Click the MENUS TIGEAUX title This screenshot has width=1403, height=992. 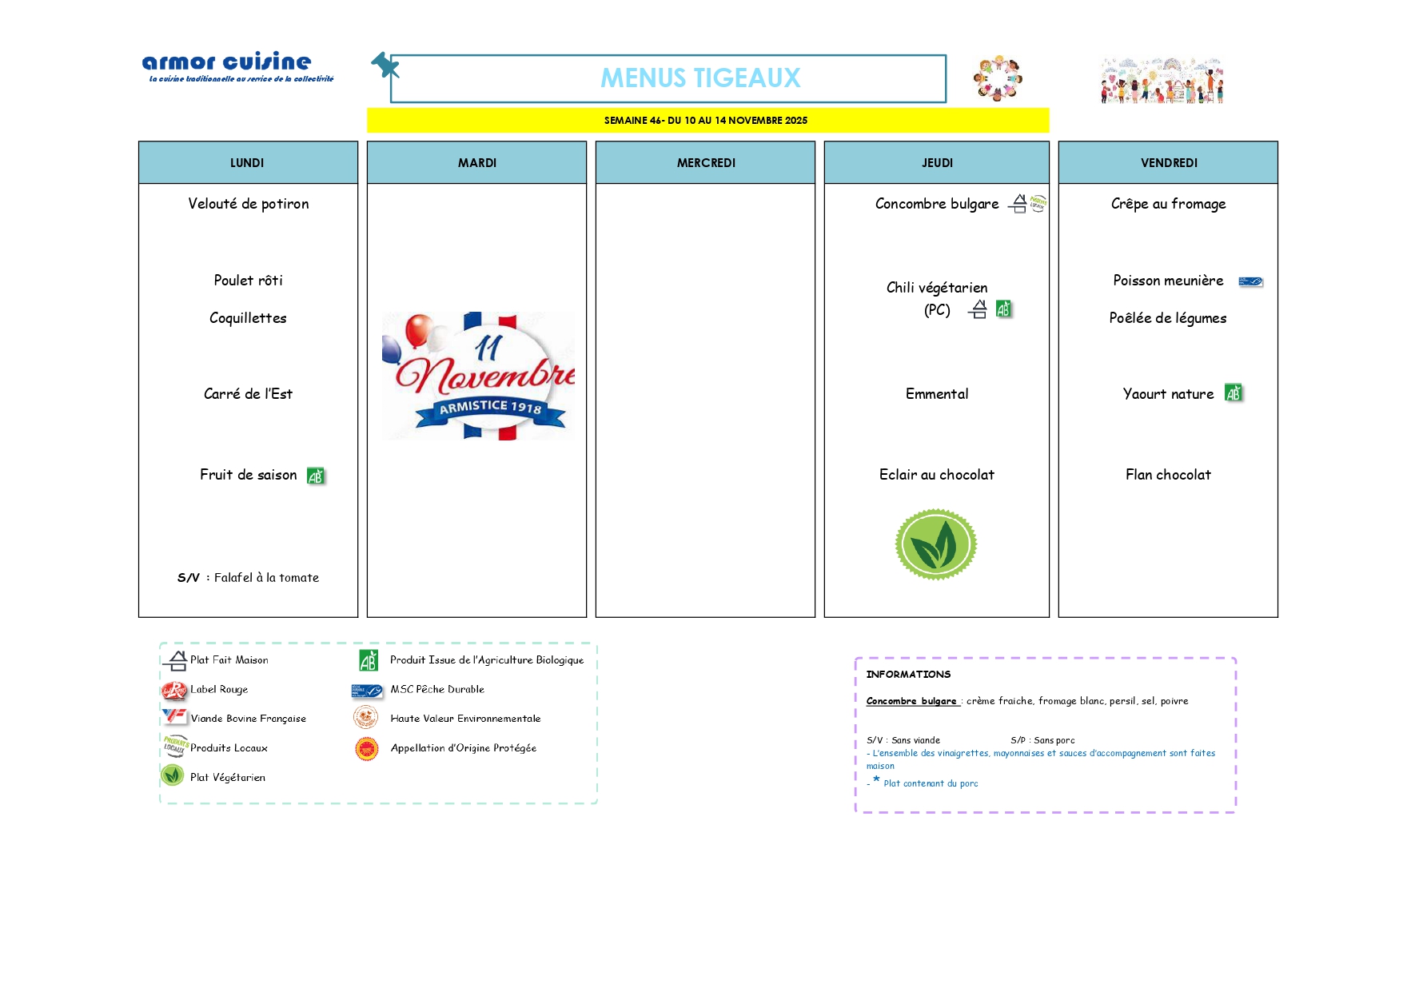pyautogui.click(x=700, y=78)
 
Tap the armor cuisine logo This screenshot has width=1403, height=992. pyautogui.click(x=227, y=63)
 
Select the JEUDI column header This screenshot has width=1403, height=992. pyautogui.click(x=937, y=163)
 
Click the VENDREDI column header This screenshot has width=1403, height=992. pyautogui.click(x=1168, y=163)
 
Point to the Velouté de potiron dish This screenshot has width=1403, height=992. pyautogui.click(x=248, y=204)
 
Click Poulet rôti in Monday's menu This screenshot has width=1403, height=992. pyautogui.click(x=248, y=281)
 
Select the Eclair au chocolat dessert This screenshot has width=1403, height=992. pyautogui.click(x=936, y=475)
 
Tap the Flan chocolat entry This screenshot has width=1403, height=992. pyautogui.click(x=1168, y=475)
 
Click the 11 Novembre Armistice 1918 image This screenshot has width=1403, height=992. pyautogui.click(x=478, y=376)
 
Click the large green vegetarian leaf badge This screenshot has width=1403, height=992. pyautogui.click(x=935, y=544)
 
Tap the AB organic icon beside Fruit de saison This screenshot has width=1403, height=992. pyautogui.click(x=316, y=476)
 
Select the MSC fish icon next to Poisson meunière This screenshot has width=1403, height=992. pyautogui.click(x=1250, y=281)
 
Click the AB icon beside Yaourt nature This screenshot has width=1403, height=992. pyautogui.click(x=1234, y=393)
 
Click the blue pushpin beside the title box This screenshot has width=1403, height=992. pyautogui.click(x=385, y=65)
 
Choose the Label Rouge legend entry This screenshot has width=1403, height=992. pyautogui.click(x=218, y=689)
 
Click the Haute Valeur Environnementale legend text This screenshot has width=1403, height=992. pyautogui.click(x=465, y=719)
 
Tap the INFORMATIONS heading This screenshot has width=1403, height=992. pyautogui.click(x=908, y=675)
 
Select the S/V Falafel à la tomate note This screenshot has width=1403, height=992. pyautogui.click(x=248, y=578)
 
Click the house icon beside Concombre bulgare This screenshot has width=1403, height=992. pyautogui.click(x=1018, y=205)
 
